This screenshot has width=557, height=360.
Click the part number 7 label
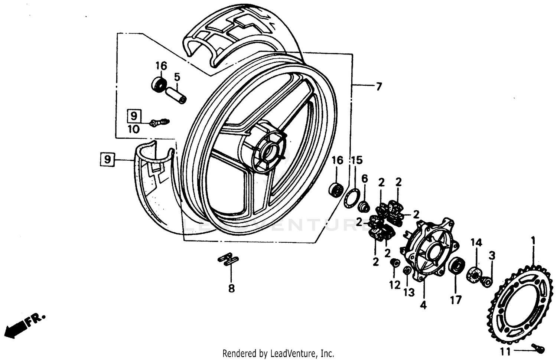click(378, 87)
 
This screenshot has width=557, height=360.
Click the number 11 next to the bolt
click(505, 351)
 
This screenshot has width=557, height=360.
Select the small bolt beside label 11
click(539, 348)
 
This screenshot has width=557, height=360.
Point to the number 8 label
click(231, 288)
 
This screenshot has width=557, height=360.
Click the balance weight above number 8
click(228, 259)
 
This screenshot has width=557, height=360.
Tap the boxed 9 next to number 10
click(134, 116)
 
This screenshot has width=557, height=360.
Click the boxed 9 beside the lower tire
click(107, 159)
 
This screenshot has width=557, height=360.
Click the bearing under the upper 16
click(159, 85)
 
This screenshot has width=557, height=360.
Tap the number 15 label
click(356, 161)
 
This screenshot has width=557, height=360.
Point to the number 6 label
click(365, 179)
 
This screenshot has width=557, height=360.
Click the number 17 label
click(456, 300)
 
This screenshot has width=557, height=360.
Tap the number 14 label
click(476, 243)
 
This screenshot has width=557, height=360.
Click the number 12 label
click(395, 285)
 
